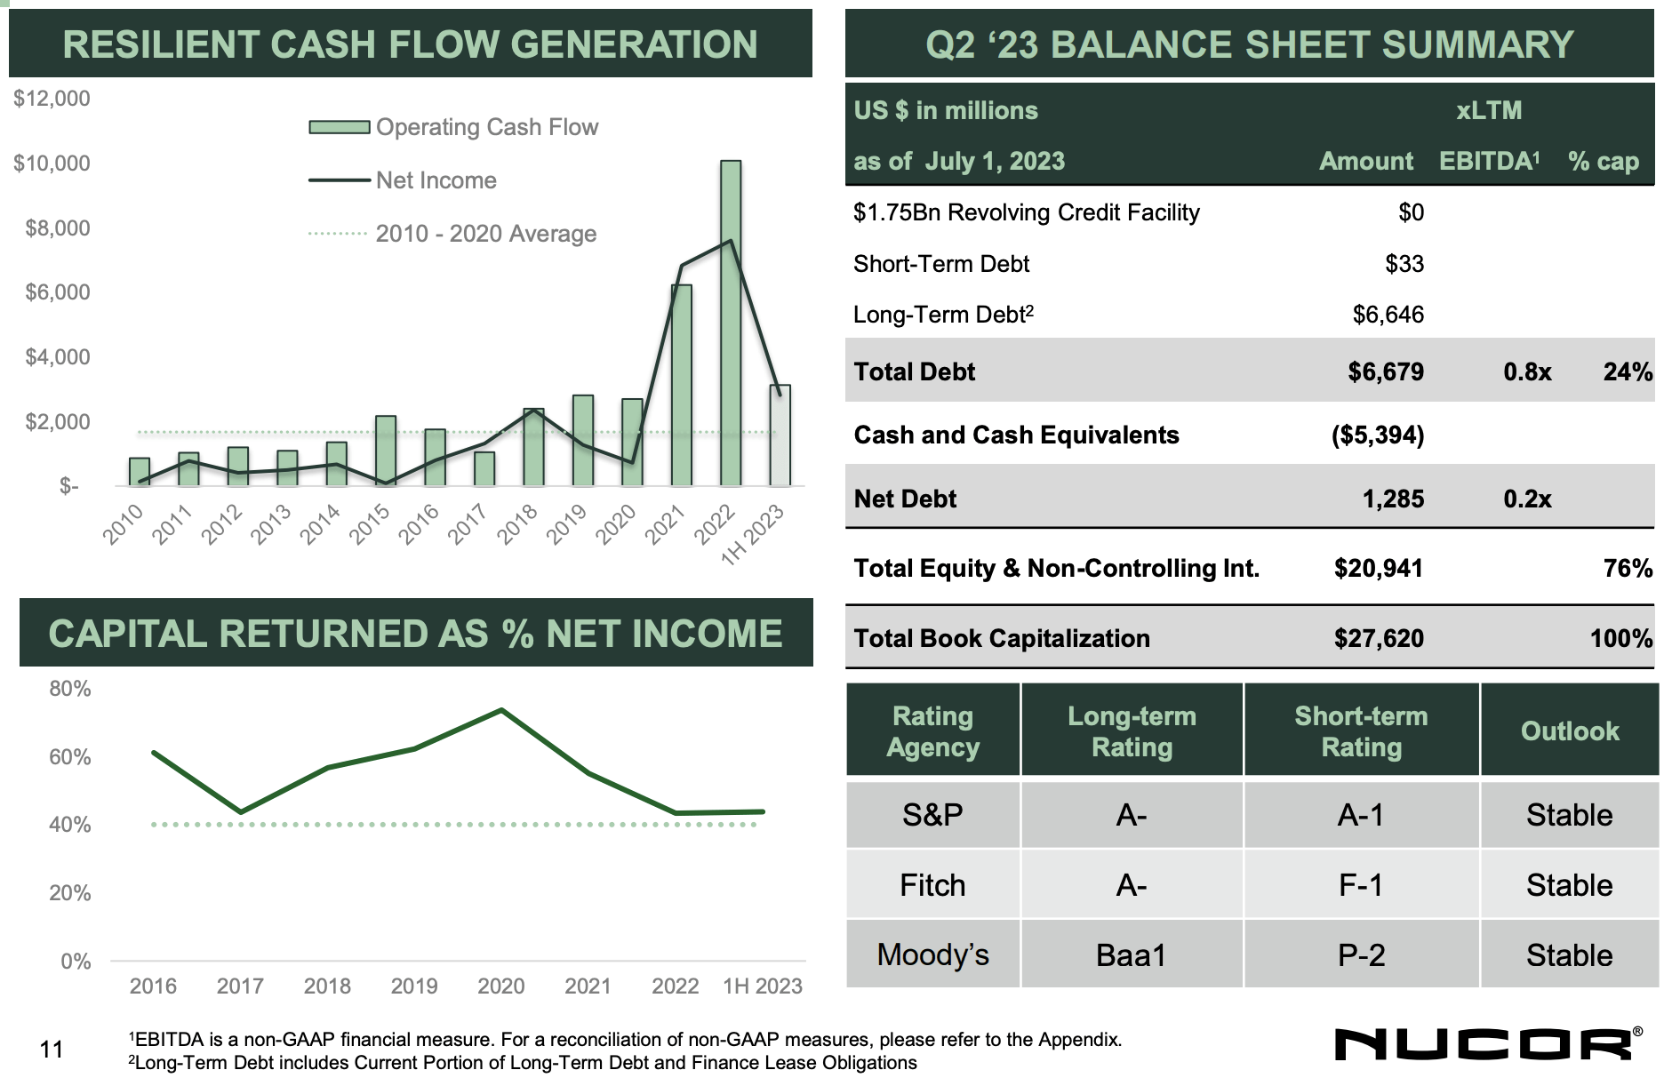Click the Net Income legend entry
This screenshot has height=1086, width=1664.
(x=436, y=180)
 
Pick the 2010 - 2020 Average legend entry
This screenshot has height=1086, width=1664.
(x=485, y=234)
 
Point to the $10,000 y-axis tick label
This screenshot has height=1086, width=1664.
(x=52, y=164)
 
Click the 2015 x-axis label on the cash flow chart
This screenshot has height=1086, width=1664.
(x=369, y=524)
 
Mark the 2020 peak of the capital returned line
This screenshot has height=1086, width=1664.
(x=501, y=710)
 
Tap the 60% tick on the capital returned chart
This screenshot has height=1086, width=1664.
(x=69, y=757)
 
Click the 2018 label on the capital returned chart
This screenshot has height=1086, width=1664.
(x=327, y=986)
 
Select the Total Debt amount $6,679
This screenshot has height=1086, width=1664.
(x=1385, y=371)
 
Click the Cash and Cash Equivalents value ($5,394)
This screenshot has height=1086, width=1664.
(x=1377, y=435)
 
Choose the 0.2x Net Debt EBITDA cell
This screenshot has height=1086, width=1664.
(x=1527, y=499)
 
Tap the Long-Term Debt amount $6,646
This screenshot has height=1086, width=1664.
(x=1388, y=315)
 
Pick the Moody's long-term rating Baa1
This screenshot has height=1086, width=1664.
(x=1131, y=955)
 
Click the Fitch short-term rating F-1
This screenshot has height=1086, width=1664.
(x=1361, y=885)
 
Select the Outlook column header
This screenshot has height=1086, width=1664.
(x=1569, y=731)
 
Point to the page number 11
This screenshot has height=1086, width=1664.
(x=52, y=1050)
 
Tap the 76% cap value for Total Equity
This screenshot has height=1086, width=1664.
(x=1627, y=569)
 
